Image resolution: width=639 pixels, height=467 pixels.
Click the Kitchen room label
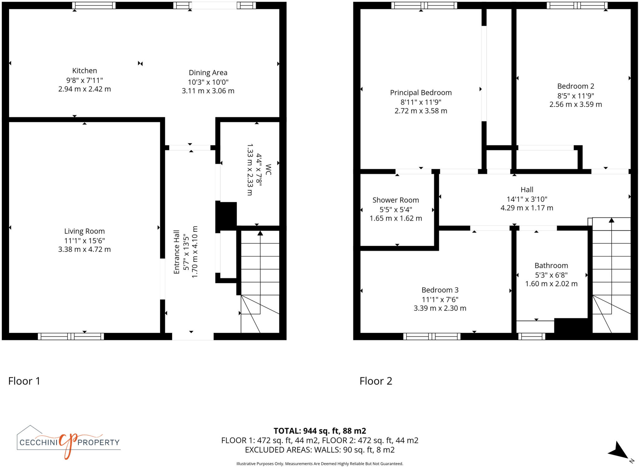point(85,71)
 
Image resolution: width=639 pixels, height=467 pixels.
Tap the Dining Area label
point(208,73)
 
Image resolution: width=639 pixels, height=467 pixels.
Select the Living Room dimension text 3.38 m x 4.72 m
point(84,249)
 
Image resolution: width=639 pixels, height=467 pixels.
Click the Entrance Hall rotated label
point(177,252)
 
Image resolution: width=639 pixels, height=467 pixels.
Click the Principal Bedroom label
point(421,93)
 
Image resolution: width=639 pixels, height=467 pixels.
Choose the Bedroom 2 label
point(575,86)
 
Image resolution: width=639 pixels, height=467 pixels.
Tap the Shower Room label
point(395,200)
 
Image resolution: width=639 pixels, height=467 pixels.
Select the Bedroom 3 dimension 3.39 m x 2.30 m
point(440,308)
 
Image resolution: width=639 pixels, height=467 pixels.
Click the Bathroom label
point(551,266)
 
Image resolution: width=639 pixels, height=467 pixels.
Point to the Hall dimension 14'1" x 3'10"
point(527,199)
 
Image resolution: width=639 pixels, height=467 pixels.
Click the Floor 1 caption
point(24,381)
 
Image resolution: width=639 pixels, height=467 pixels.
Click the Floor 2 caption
point(376,381)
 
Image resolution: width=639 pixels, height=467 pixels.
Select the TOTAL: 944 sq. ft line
point(319,431)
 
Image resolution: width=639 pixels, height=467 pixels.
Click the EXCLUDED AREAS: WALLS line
point(319,450)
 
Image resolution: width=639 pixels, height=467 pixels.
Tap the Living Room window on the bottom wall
point(71,336)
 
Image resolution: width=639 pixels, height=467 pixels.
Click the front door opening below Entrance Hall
point(193,336)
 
